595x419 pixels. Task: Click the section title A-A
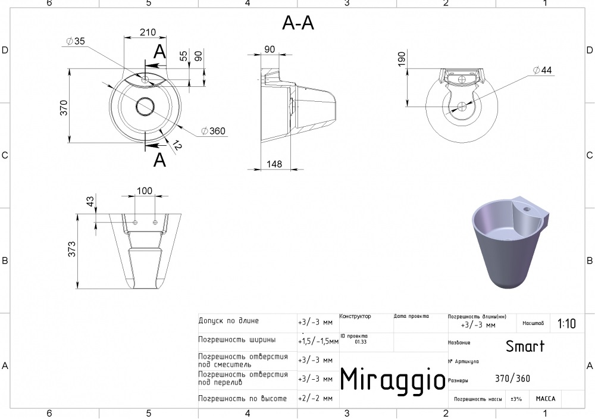click(x=297, y=23)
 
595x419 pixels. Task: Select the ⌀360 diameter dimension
click(x=214, y=131)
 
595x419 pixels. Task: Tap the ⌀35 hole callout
click(x=76, y=40)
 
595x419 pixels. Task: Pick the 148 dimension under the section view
click(x=274, y=164)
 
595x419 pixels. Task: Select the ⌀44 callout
click(x=542, y=70)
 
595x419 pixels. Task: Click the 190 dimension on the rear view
click(x=402, y=58)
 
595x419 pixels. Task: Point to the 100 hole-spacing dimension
click(x=145, y=190)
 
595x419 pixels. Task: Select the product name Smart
click(x=525, y=346)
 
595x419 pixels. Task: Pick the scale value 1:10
click(x=566, y=324)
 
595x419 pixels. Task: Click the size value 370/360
click(x=512, y=379)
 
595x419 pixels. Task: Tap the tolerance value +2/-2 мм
click(x=315, y=398)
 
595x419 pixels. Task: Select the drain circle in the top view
click(x=145, y=107)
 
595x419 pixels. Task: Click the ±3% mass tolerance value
click(x=516, y=399)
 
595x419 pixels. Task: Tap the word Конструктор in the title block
click(x=355, y=316)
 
